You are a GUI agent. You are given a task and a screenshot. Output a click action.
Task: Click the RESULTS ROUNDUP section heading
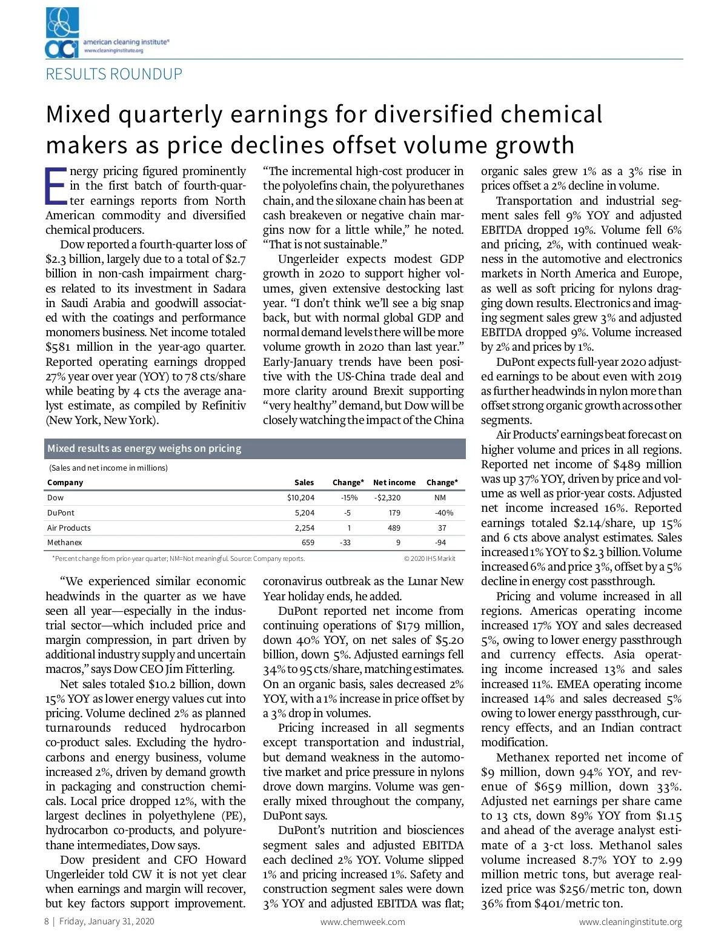[x=114, y=74]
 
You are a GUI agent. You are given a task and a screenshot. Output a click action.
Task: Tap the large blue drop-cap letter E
[x=56, y=185]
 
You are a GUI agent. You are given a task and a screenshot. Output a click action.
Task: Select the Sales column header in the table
[x=304, y=483]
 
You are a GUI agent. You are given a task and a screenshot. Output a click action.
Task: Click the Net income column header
[x=394, y=483]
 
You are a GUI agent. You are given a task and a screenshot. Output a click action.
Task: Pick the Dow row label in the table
[x=55, y=498]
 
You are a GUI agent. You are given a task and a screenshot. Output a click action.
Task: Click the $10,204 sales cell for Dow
[x=300, y=498]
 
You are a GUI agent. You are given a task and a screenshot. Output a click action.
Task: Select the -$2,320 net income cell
[x=387, y=498]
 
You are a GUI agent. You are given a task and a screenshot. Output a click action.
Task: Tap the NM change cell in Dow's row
[x=440, y=498]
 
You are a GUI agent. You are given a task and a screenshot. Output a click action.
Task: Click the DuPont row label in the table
[x=61, y=513]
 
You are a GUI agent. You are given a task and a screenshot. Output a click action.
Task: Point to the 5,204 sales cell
[x=304, y=513]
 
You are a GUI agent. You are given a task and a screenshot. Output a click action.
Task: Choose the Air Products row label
[x=69, y=528]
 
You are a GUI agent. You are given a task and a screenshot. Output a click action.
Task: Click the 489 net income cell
[x=394, y=528]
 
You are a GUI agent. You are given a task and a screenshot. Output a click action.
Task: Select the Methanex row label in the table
[x=64, y=543]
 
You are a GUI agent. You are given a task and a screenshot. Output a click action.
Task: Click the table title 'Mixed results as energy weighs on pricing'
[x=144, y=449]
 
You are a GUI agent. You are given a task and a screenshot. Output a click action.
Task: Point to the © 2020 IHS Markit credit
[x=430, y=558]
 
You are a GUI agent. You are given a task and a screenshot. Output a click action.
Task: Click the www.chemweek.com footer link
[x=362, y=922]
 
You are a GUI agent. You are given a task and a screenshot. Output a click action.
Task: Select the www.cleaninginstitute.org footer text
[x=630, y=922]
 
